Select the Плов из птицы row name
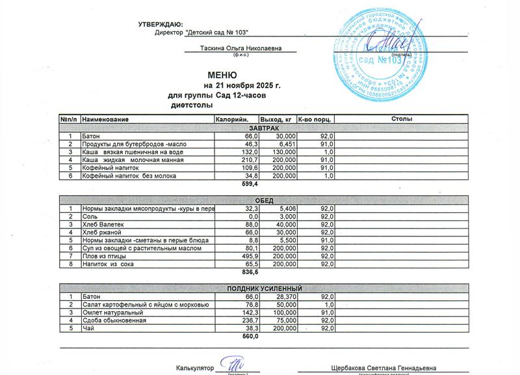104,257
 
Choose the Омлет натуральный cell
110,312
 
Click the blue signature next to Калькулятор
231,365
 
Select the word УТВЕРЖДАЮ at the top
161,24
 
